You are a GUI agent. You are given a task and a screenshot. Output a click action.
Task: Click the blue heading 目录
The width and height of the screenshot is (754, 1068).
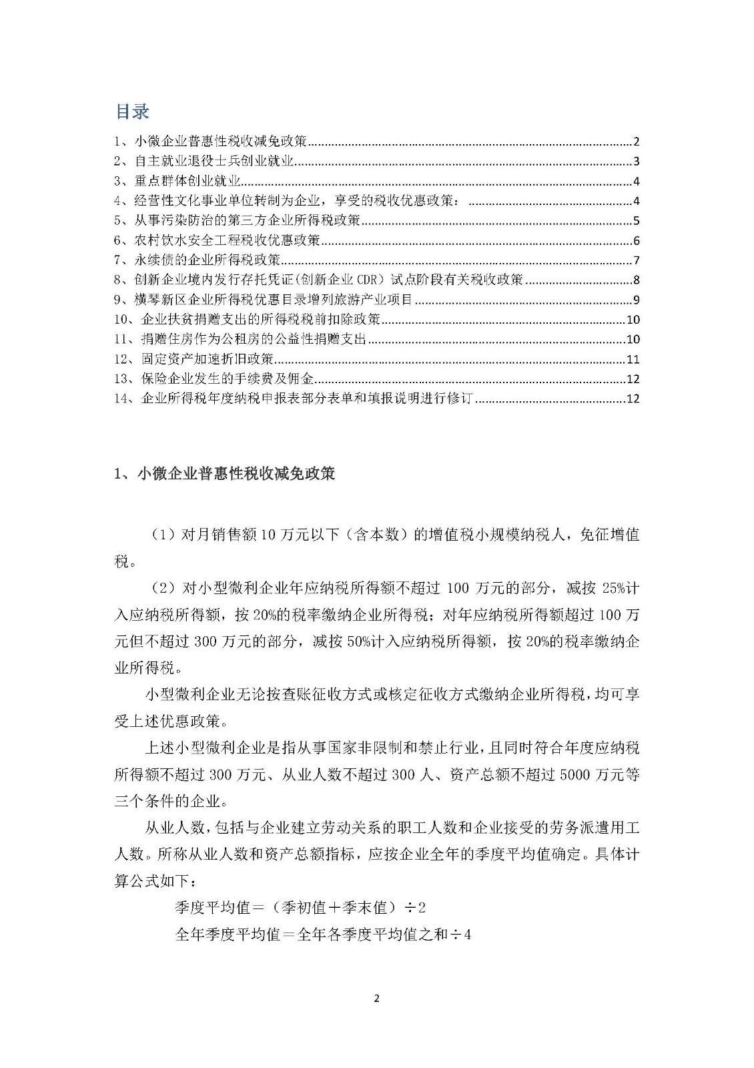(132, 111)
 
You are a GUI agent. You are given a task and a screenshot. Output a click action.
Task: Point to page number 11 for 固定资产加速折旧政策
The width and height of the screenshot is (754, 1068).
(633, 360)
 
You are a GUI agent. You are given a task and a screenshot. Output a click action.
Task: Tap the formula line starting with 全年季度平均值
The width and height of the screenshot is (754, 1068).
(323, 934)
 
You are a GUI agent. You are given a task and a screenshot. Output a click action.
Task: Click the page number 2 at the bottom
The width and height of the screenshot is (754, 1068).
(377, 999)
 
